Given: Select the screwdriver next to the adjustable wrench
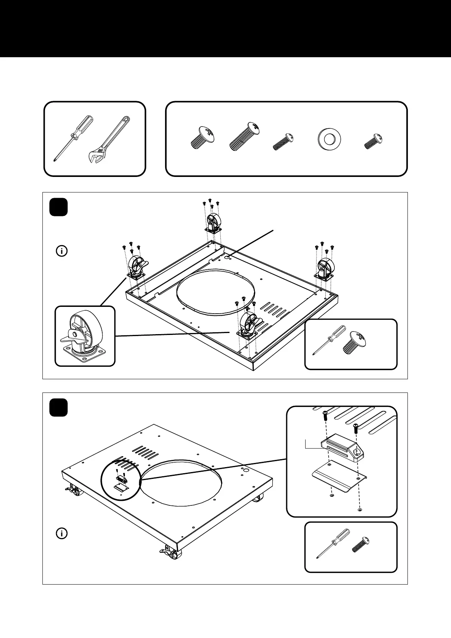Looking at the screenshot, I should [74, 138].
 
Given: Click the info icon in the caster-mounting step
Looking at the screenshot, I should [62, 251].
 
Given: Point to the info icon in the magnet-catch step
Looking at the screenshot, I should [62, 533].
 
